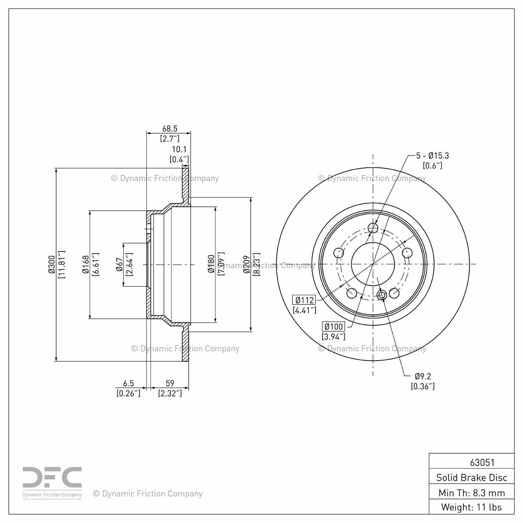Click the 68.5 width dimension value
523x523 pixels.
tap(169, 129)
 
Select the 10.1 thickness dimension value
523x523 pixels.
tap(179, 150)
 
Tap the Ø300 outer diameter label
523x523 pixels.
tap(51, 264)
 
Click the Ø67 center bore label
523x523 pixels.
tap(119, 264)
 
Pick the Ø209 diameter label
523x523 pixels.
tap(247, 264)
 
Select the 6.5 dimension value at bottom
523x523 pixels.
tap(128, 384)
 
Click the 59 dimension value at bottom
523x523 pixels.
tap(170, 384)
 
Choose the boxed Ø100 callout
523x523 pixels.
tap(333, 327)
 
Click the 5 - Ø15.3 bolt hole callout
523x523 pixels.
tap(432, 156)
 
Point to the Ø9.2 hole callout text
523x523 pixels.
tap(423, 376)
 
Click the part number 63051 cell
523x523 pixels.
tap(482, 462)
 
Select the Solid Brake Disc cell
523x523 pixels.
tap(471, 477)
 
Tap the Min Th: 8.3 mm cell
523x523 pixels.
tap(471, 493)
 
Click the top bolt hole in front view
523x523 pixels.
tap(373, 228)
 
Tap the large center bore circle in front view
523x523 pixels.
tap(373, 264)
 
